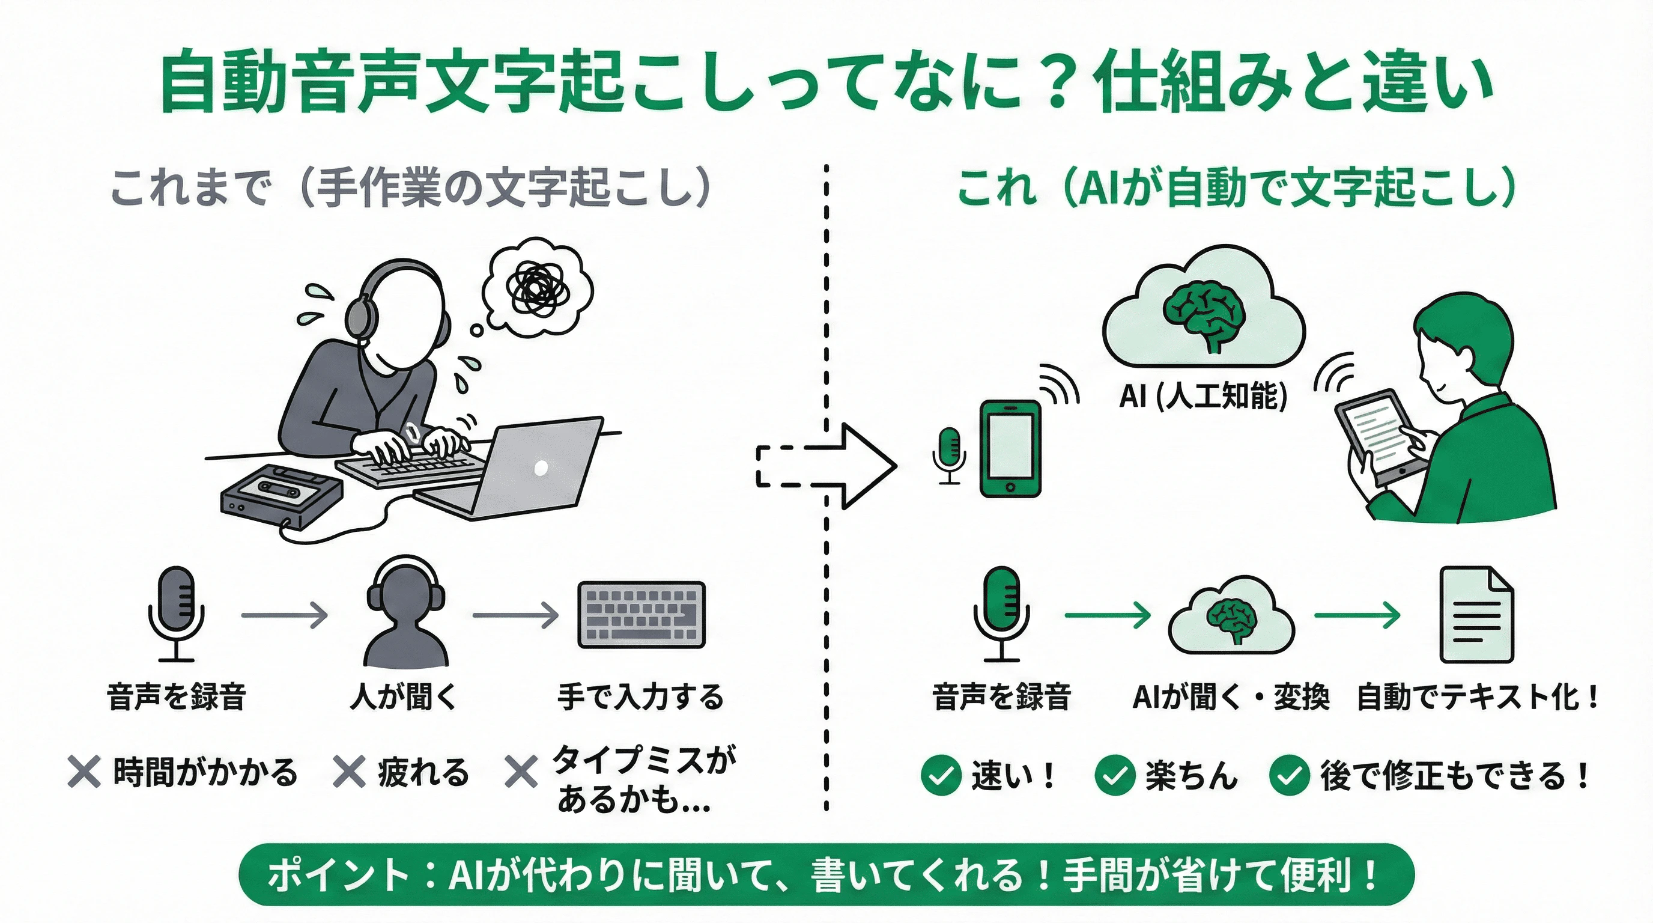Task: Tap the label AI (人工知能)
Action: tap(1203, 395)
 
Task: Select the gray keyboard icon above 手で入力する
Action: tap(641, 615)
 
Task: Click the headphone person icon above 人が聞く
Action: tap(405, 613)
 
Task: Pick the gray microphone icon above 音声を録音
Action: tap(176, 613)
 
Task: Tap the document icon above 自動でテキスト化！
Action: tap(1476, 615)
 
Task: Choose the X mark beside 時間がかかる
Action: tap(84, 772)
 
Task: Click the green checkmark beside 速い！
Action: tap(940, 775)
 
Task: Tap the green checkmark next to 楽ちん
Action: tap(1115, 775)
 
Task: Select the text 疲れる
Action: tap(423, 772)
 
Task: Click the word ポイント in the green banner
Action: tap(338, 875)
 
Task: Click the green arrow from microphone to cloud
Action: tap(1107, 615)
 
